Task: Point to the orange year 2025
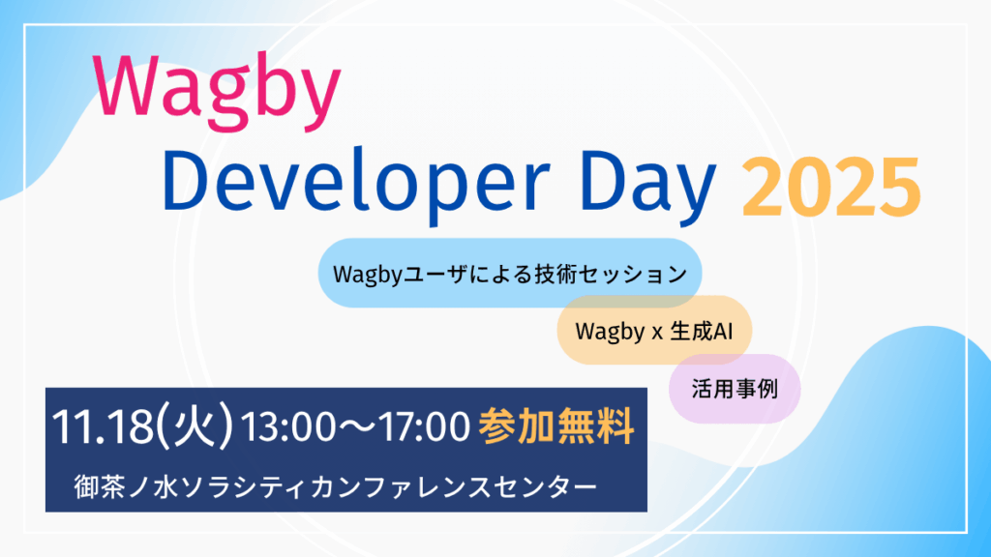click(831, 188)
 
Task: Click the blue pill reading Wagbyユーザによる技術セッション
click(510, 273)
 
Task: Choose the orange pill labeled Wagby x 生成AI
click(654, 331)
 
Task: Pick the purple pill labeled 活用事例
click(735, 389)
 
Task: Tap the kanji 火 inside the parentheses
click(195, 425)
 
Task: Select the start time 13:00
click(288, 426)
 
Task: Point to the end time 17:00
click(423, 426)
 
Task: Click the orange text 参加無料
click(556, 426)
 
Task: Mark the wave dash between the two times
click(357, 426)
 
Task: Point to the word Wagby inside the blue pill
click(368, 275)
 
